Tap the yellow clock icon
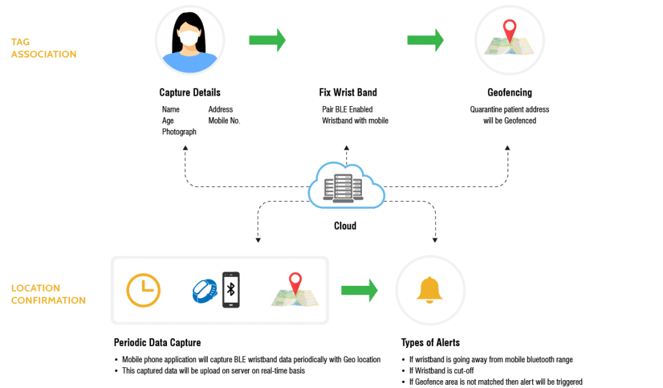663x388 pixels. tap(143, 290)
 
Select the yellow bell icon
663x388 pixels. tap(430, 290)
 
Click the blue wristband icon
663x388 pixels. tap(205, 290)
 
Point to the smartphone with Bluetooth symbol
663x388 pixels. tap(231, 290)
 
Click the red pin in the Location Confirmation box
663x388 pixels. tap(295, 283)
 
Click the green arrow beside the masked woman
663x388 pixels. tap(267, 40)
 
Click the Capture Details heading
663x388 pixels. tap(190, 92)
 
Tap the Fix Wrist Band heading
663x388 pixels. tap(348, 92)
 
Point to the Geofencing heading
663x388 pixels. tap(510, 92)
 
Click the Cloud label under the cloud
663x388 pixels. tap(345, 226)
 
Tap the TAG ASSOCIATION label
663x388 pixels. tap(43, 48)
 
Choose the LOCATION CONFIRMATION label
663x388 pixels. tap(48, 294)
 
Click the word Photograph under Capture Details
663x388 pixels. tap(179, 131)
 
